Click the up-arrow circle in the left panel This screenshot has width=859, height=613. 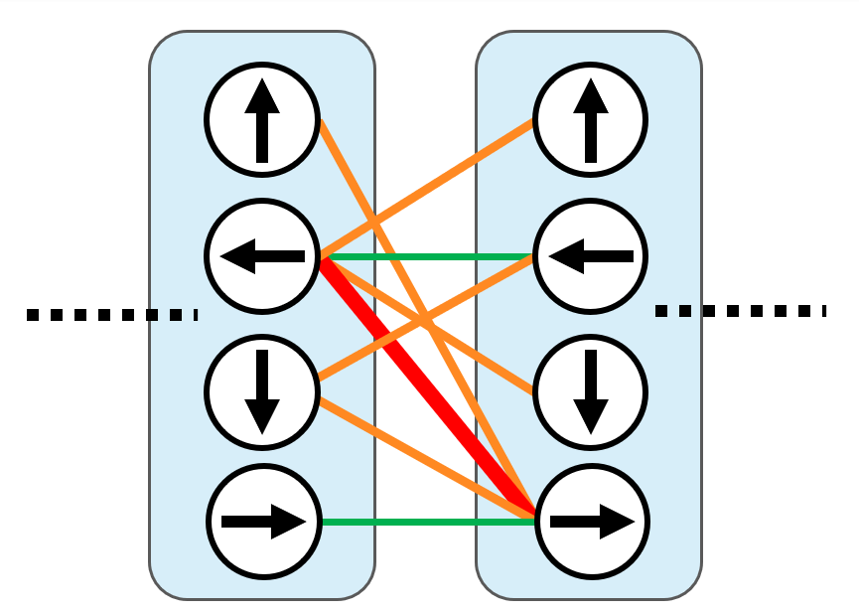pos(262,120)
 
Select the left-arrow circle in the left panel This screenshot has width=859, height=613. pos(262,256)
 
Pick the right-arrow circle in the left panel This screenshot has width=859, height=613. pos(264,521)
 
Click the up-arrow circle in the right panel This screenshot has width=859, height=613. pos(591,120)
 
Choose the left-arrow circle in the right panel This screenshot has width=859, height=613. pos(591,256)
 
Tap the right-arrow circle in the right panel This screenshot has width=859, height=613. pos(593,521)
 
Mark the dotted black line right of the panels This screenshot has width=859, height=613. pos(740,311)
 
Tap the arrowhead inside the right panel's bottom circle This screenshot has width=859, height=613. pos(617,521)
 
